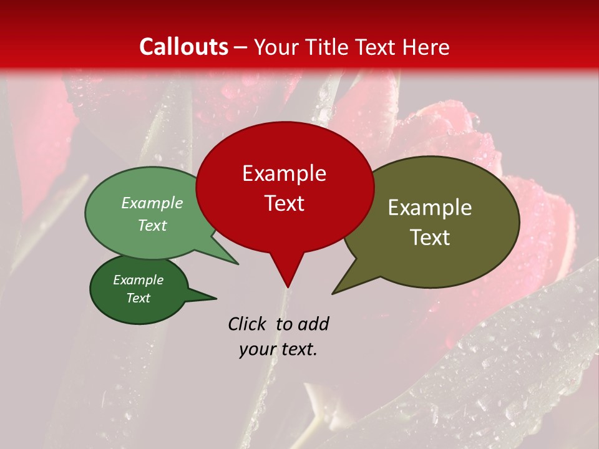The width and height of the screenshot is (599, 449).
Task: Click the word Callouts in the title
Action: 183,47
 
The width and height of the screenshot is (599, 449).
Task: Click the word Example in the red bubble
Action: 284,173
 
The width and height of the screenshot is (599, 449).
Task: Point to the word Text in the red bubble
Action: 284,203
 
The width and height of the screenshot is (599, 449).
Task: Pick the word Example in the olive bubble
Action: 430,208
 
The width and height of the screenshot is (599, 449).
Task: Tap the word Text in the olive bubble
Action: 430,238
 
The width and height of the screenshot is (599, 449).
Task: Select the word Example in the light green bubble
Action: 152,203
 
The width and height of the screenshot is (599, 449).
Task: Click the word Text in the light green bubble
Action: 152,225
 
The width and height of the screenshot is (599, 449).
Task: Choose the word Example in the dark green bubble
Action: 138,280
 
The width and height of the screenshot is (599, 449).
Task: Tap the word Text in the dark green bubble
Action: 138,298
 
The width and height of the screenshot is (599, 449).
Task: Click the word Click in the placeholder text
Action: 248,324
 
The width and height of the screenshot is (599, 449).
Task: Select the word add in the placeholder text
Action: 313,324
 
